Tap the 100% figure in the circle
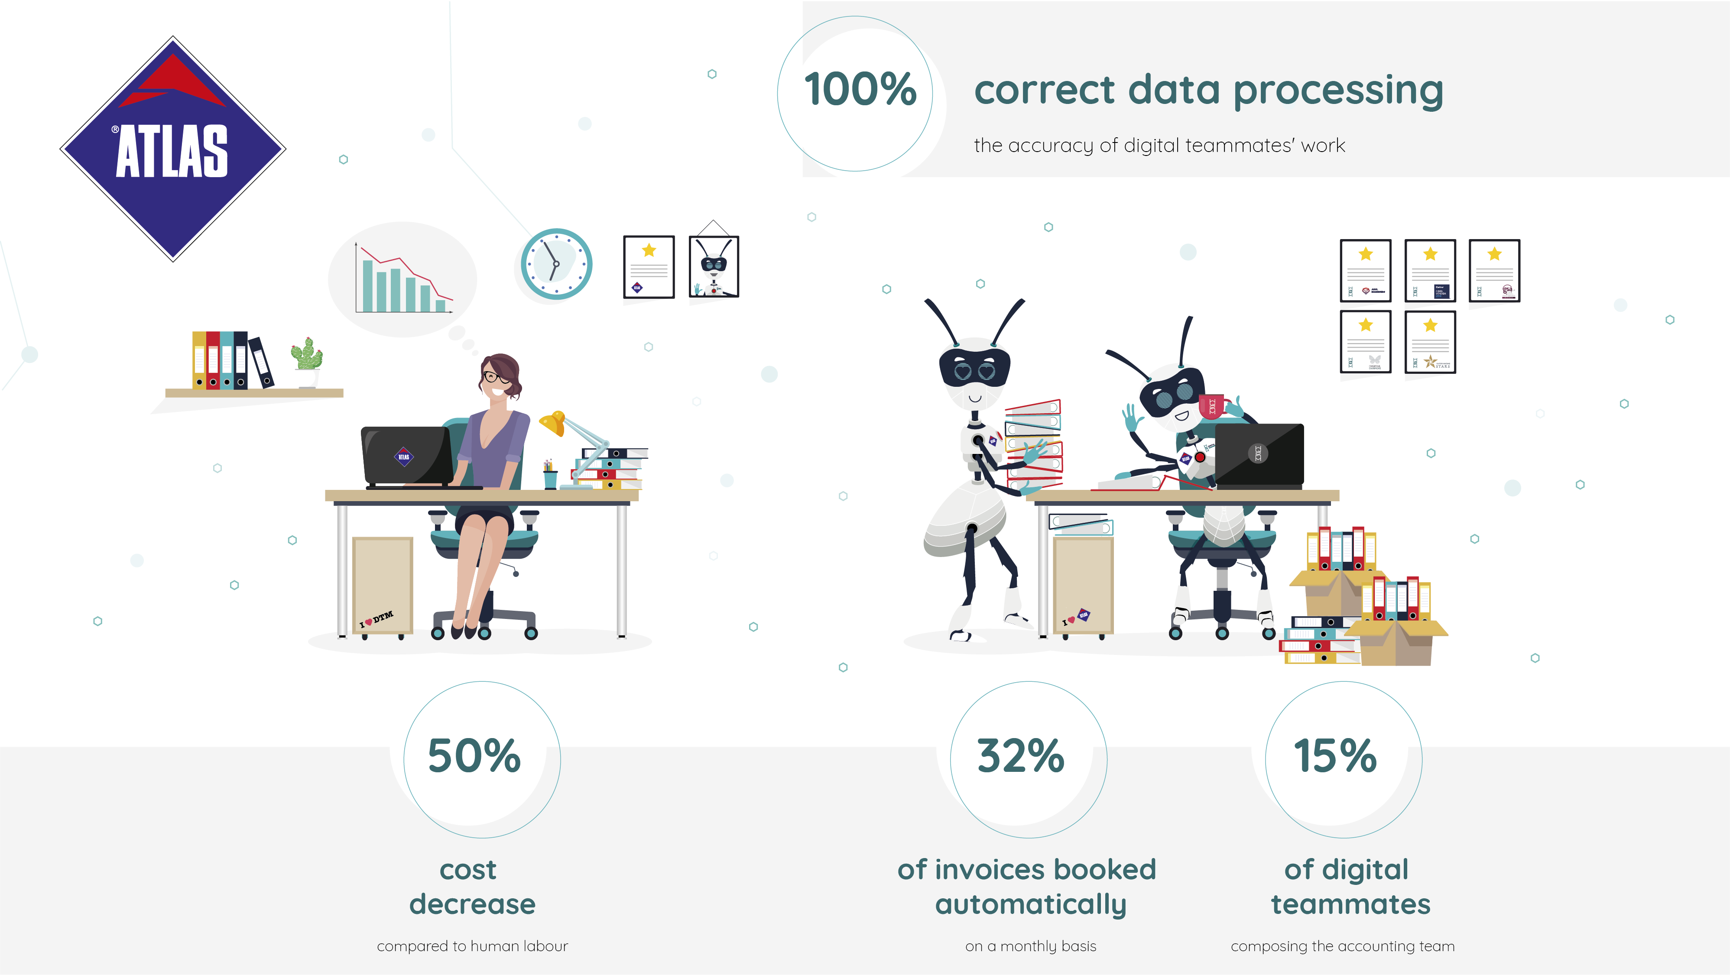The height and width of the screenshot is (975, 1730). tap(860, 89)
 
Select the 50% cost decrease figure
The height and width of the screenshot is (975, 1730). tap(474, 756)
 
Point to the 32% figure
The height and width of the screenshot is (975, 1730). tap(1021, 756)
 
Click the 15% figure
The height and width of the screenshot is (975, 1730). tap(1335, 756)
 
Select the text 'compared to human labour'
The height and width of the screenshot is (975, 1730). tap(472, 946)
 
